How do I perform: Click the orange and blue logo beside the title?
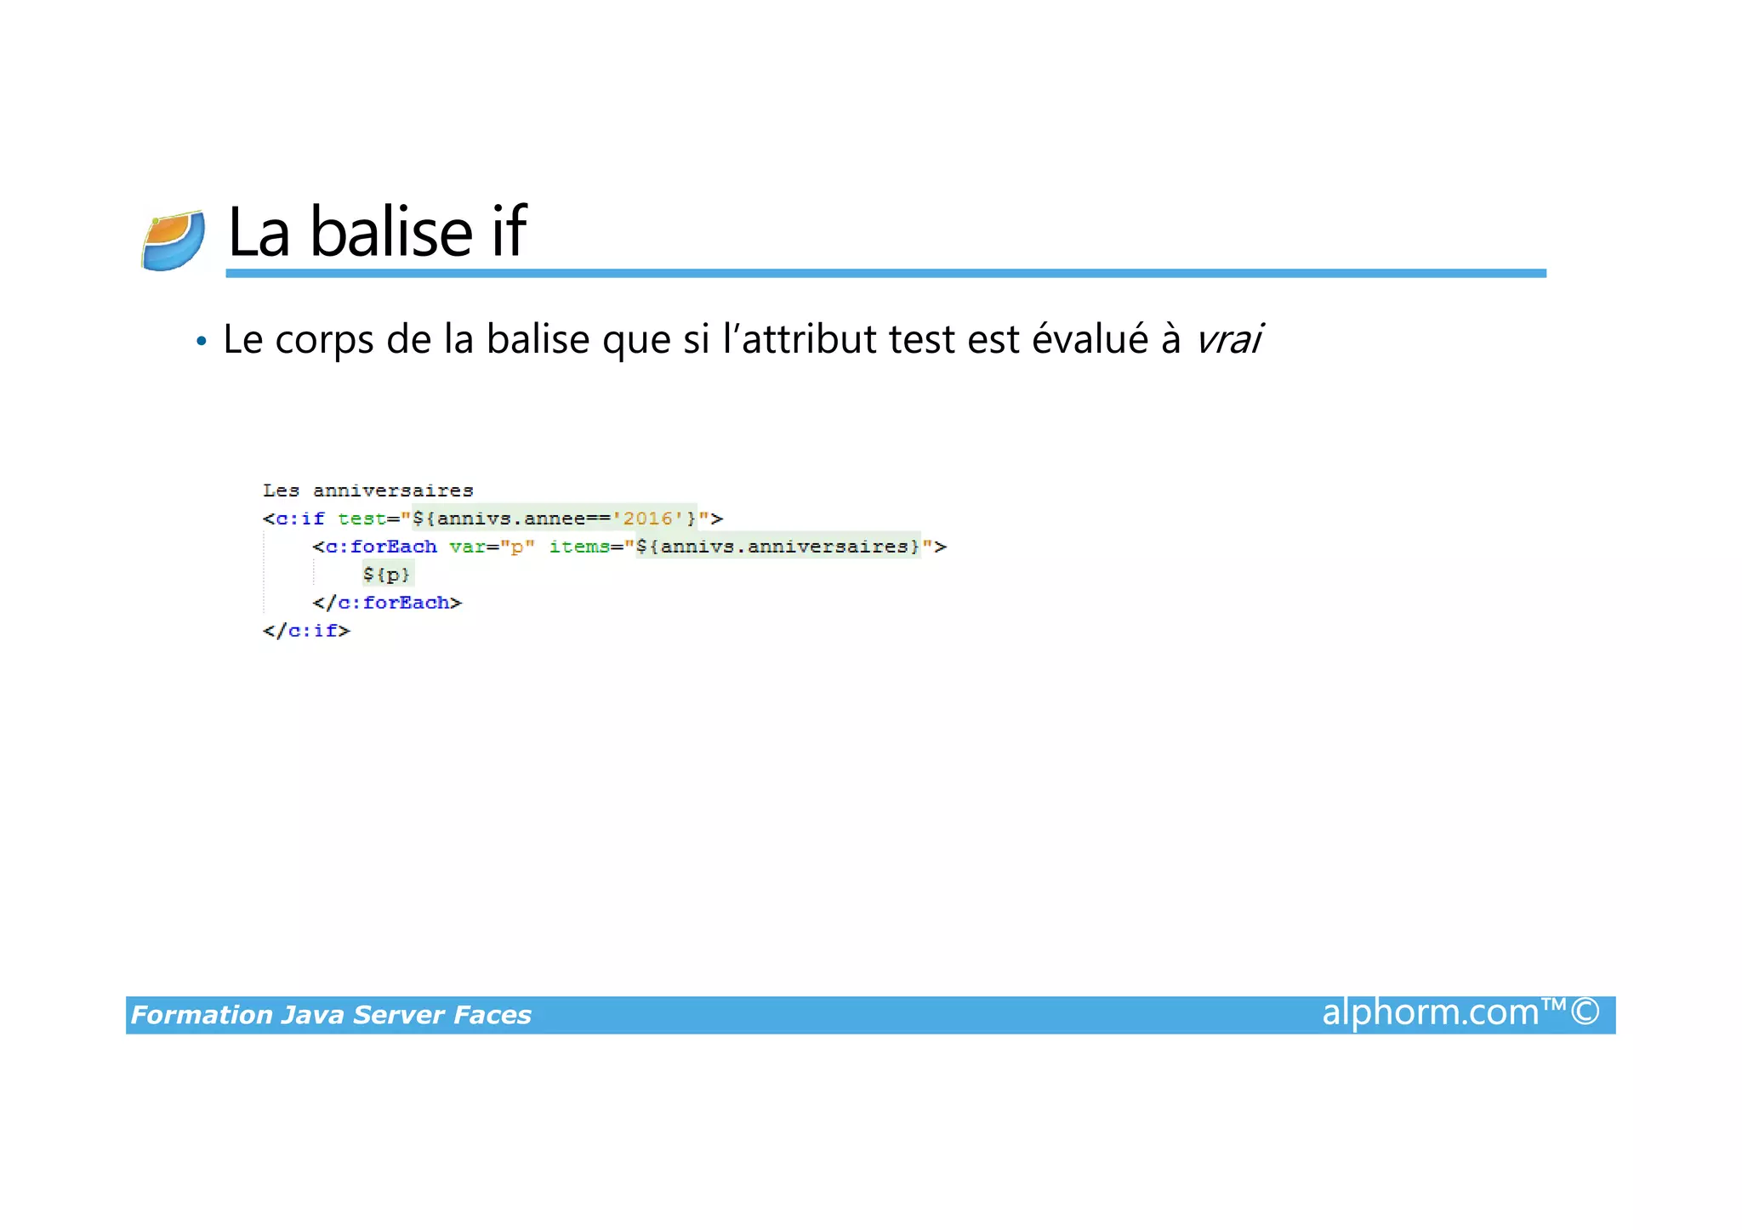pyautogui.click(x=174, y=241)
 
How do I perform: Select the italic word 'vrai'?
pyautogui.click(x=1228, y=339)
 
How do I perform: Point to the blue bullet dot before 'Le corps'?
pyautogui.click(x=201, y=342)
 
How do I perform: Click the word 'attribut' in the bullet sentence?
pyautogui.click(x=809, y=339)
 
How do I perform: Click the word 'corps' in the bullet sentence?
pyautogui.click(x=324, y=340)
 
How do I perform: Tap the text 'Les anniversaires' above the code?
pyautogui.click(x=367, y=490)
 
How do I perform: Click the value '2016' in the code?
pyautogui.click(x=647, y=519)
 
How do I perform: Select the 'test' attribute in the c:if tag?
pyautogui.click(x=361, y=519)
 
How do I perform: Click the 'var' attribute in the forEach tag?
pyautogui.click(x=467, y=547)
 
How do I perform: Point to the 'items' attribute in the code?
pyautogui.click(x=579, y=547)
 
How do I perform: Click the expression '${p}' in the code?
pyautogui.click(x=386, y=575)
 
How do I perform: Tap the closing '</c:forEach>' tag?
pyautogui.click(x=387, y=603)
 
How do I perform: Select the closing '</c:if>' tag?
pyautogui.click(x=306, y=631)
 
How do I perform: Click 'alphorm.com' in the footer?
pyautogui.click(x=1430, y=1012)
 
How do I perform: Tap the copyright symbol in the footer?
pyautogui.click(x=1585, y=1012)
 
